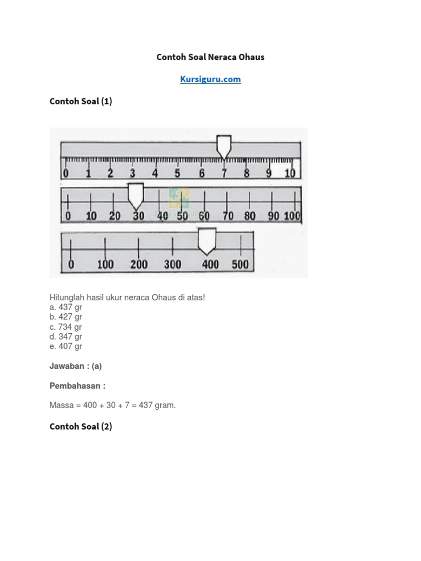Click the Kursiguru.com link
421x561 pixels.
210,79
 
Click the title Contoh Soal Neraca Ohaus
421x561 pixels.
210,57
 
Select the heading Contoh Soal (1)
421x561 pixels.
81,101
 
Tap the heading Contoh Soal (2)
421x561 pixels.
81,426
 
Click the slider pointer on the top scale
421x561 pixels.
224,146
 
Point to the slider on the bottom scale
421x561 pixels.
206,241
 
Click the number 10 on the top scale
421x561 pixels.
289,174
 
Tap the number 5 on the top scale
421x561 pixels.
177,174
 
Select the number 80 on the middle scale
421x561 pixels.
250,216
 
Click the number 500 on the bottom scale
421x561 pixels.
240,265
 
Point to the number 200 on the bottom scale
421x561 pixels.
139,265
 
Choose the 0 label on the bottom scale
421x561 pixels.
71,265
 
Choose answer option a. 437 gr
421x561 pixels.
66,307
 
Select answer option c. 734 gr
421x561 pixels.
66,327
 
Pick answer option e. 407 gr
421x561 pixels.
66,346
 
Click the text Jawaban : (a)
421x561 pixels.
76,367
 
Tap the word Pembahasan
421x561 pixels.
75,386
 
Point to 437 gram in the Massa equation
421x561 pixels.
158,405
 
